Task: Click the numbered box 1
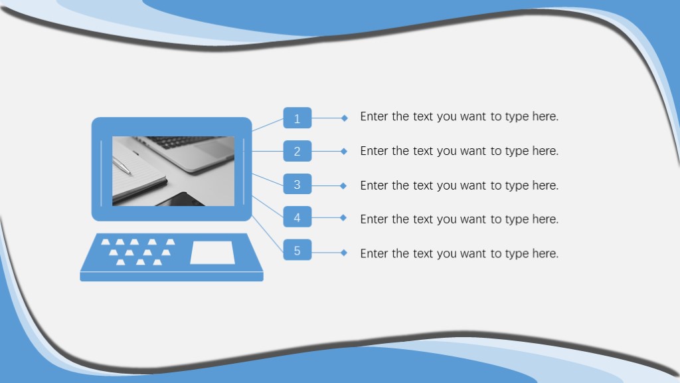click(x=297, y=118)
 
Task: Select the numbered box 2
click(x=297, y=151)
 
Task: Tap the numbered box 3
click(x=297, y=184)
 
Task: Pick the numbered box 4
click(x=297, y=217)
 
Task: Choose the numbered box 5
click(x=297, y=250)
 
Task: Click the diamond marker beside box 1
click(x=345, y=118)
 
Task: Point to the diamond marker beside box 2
click(x=344, y=151)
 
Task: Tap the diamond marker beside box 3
click(x=343, y=186)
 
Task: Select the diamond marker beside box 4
click(x=343, y=217)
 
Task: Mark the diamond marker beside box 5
click(x=344, y=253)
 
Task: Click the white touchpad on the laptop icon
click(x=212, y=253)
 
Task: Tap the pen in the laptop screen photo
click(x=122, y=166)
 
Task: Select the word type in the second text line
click(x=517, y=152)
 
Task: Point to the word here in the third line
click(x=545, y=186)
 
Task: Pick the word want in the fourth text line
click(x=473, y=219)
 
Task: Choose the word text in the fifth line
click(x=423, y=253)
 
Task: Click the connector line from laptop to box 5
click(x=268, y=235)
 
